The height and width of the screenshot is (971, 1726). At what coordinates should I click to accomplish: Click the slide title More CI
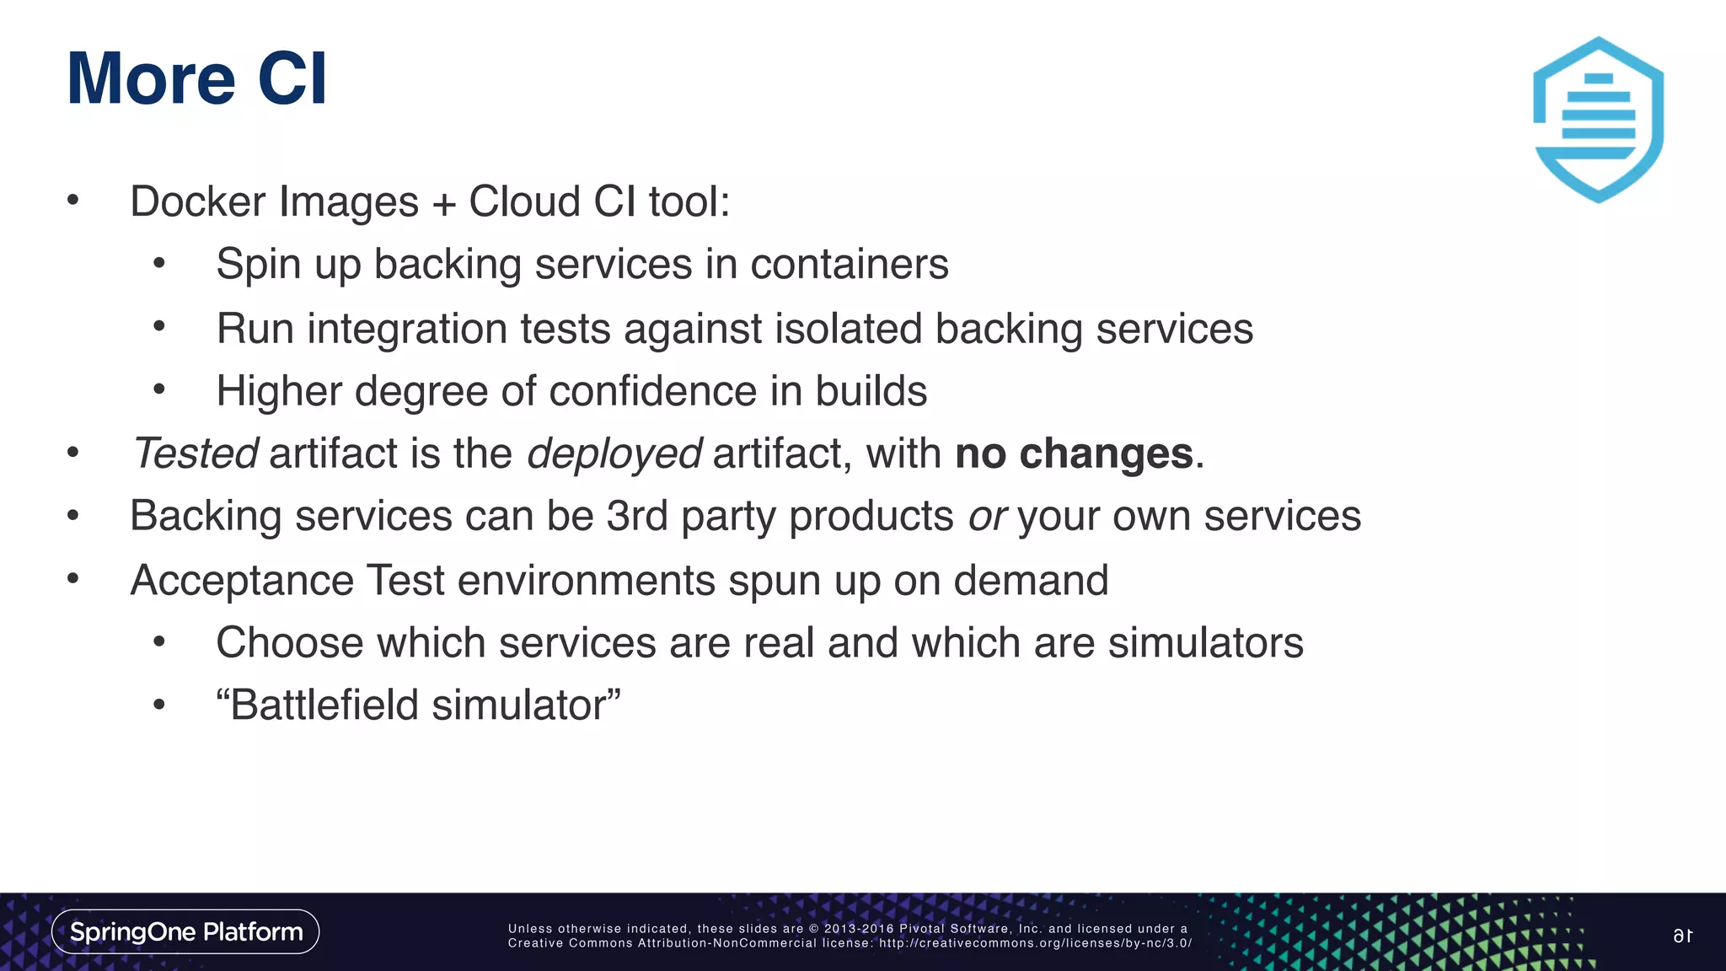tap(196, 78)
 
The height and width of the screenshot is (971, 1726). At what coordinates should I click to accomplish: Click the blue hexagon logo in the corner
tap(1597, 120)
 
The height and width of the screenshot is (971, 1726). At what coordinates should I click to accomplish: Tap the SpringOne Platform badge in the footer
tap(185, 931)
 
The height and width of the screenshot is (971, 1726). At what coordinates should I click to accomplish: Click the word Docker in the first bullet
tap(198, 201)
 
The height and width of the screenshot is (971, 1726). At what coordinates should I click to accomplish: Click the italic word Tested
tap(196, 453)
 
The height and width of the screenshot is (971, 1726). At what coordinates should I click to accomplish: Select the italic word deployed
tap(614, 453)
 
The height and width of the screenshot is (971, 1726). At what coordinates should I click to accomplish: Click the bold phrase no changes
tap(1074, 453)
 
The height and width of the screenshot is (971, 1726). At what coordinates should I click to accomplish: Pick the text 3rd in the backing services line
tap(637, 516)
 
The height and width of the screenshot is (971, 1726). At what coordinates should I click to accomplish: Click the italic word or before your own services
tap(987, 517)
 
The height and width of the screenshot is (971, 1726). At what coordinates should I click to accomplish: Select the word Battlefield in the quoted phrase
tap(324, 705)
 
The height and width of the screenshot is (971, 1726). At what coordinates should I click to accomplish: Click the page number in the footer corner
tap(1683, 936)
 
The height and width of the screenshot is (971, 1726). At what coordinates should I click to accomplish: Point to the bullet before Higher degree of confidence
tap(159, 389)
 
